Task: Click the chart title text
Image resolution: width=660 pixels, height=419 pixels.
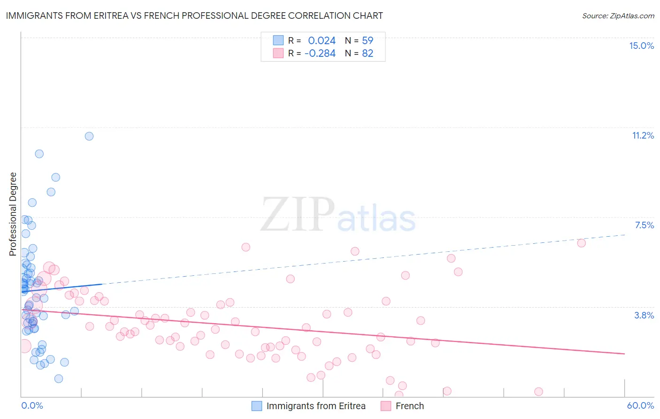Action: point(194,16)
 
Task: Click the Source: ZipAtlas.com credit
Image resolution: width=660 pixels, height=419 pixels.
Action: point(618,16)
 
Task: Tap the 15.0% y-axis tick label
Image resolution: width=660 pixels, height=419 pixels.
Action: point(641,46)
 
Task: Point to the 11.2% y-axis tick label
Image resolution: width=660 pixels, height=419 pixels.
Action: point(643,135)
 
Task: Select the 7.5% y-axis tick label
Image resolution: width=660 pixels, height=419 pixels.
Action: point(644,225)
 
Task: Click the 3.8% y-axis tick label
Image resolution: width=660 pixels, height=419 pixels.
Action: point(644,315)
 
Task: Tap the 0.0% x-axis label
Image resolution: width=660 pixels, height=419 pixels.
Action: point(32,405)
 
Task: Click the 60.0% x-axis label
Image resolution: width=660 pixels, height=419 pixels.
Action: point(640,405)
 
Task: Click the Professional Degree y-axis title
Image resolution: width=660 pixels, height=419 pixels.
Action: point(13,214)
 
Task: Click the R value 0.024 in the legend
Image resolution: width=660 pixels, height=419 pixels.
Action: point(322,41)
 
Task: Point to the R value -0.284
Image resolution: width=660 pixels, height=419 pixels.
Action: point(320,54)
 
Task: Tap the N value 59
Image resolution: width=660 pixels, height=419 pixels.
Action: point(368,41)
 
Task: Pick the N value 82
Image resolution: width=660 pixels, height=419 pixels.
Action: point(368,54)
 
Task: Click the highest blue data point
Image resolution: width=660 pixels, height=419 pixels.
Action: point(89,136)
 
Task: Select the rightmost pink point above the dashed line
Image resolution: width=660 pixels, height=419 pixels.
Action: point(581,243)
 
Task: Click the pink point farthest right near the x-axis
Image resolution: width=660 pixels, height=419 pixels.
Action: point(538,392)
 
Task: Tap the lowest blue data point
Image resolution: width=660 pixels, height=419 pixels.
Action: point(59,379)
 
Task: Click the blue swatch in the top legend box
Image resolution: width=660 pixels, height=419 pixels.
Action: point(278,41)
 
